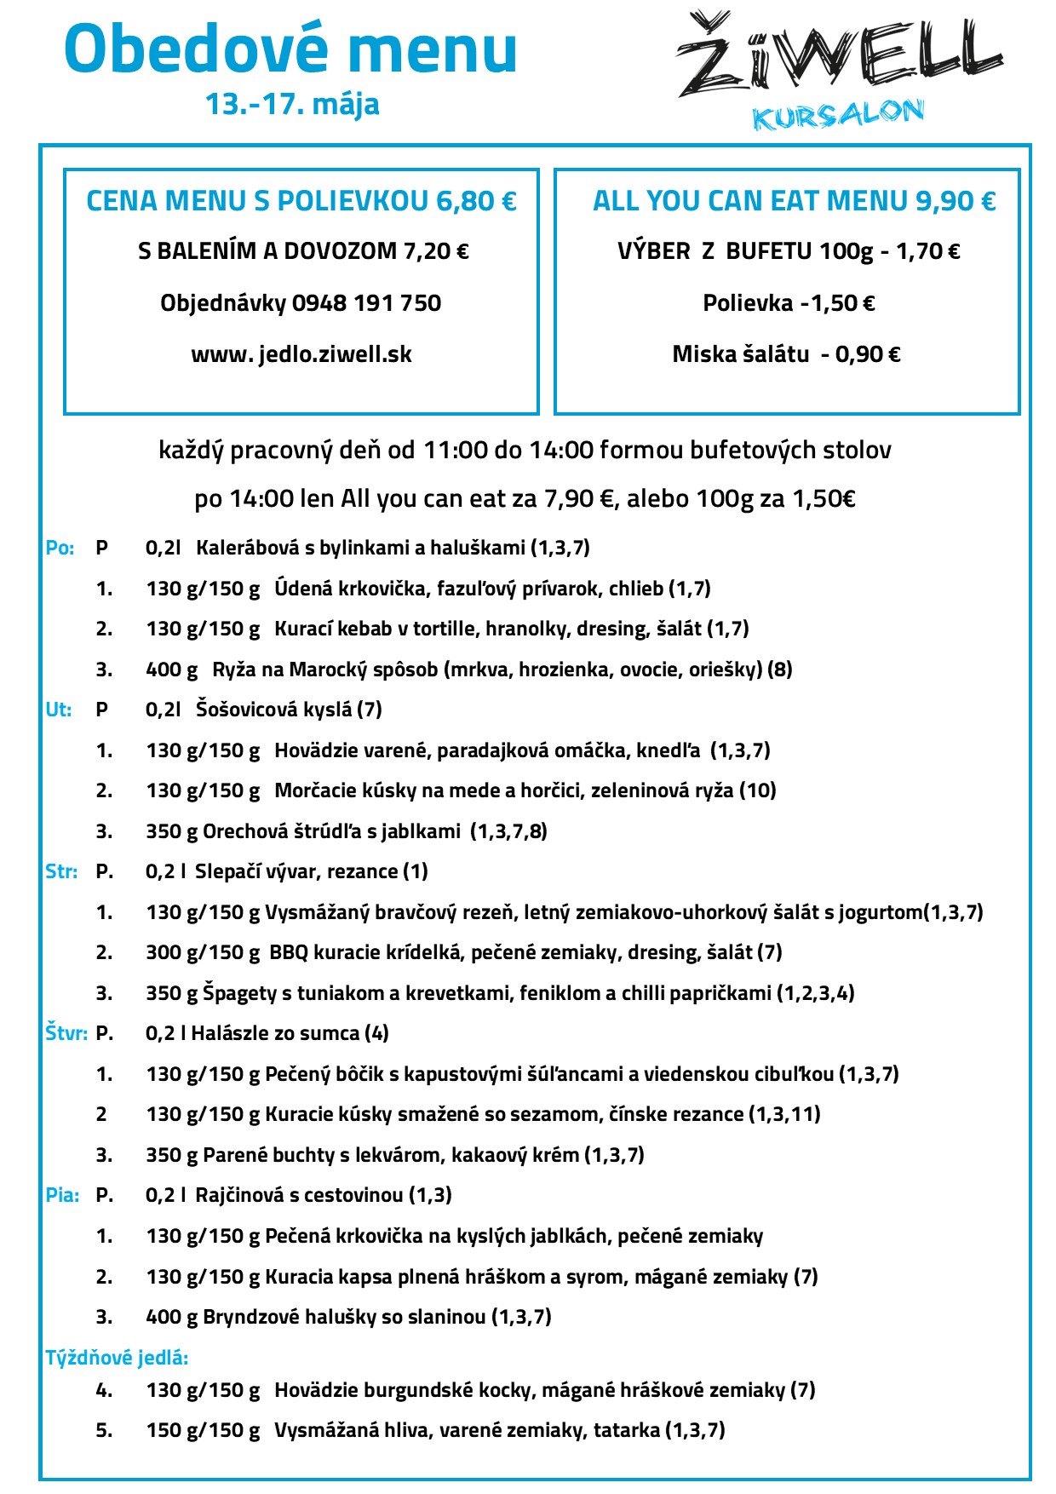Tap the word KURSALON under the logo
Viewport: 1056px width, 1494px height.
tap(838, 115)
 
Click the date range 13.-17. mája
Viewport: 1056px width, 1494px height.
tap(292, 104)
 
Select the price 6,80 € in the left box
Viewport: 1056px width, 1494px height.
tap(476, 201)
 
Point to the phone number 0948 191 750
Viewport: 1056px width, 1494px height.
tap(366, 303)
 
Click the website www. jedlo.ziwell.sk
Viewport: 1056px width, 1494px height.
tap(301, 354)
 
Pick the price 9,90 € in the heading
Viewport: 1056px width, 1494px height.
tap(955, 201)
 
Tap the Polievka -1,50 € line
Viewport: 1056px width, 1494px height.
tap(789, 303)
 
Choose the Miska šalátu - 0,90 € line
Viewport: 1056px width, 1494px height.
tap(786, 354)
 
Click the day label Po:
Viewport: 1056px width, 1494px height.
tap(60, 548)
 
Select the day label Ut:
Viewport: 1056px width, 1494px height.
tap(59, 710)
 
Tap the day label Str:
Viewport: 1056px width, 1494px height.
tap(61, 871)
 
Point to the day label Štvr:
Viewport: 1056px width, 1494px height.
tap(66, 1033)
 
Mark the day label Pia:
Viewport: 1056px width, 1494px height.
tap(62, 1195)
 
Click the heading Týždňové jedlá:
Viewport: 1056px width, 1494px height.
tap(117, 1358)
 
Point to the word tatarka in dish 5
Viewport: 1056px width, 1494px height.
tap(627, 1430)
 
